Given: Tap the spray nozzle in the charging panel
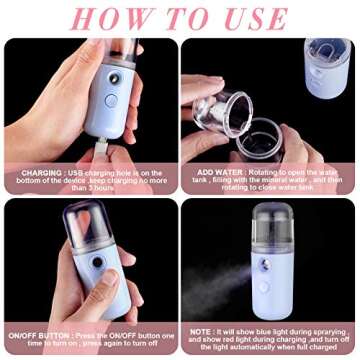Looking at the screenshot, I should click(x=116, y=78).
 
